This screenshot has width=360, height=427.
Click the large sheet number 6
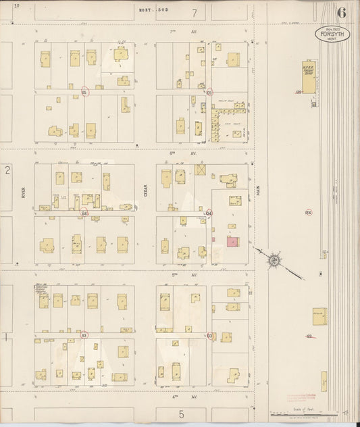pyautogui.click(x=342, y=11)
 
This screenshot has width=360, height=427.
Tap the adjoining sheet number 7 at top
pyautogui.click(x=194, y=12)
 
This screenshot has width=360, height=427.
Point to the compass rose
pyautogui.click(x=274, y=259)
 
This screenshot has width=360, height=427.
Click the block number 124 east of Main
pyautogui.click(x=308, y=212)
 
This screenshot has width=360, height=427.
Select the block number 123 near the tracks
pyautogui.click(x=309, y=336)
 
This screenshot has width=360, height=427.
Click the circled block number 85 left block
pyautogui.click(x=84, y=92)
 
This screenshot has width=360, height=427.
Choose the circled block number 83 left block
pyautogui.click(x=84, y=335)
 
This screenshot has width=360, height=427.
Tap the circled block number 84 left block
pyautogui.click(x=84, y=213)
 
